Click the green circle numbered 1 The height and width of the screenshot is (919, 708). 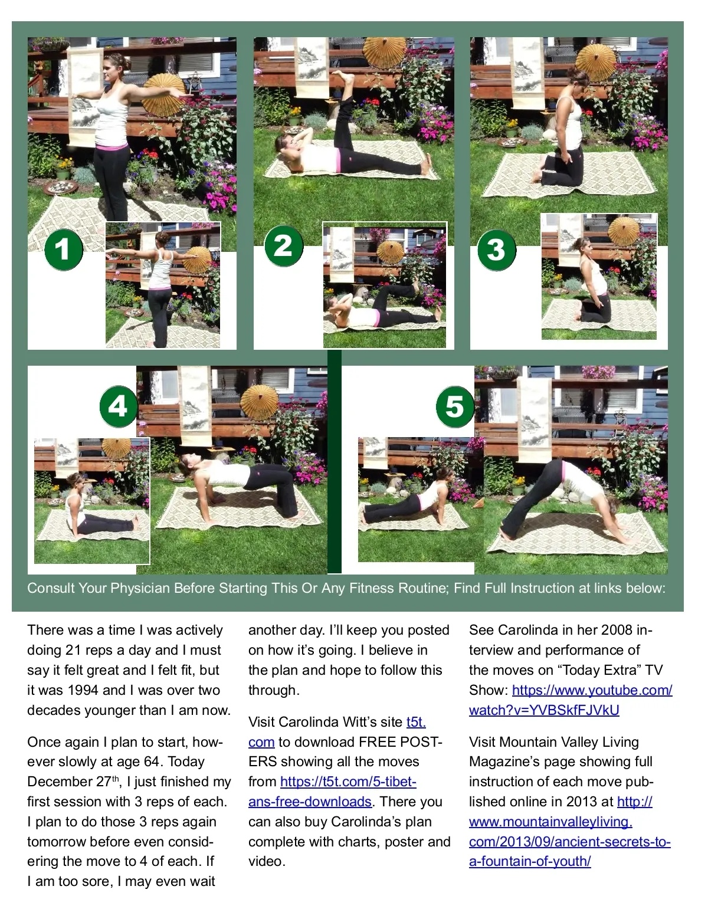(64, 250)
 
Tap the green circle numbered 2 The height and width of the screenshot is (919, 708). (284, 246)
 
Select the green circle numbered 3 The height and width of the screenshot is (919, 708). (497, 250)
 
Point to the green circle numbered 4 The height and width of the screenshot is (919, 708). (119, 406)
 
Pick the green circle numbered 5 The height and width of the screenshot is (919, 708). (455, 406)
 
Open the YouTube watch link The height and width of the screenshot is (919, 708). (571, 700)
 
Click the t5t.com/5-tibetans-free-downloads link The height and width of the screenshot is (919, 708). (332, 791)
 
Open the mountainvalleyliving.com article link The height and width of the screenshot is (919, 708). (570, 831)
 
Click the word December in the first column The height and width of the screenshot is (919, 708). (60, 781)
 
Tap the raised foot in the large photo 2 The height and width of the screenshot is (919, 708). (344, 77)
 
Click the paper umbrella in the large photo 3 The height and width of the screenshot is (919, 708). (596, 62)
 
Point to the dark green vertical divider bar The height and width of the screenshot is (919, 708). (335, 461)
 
